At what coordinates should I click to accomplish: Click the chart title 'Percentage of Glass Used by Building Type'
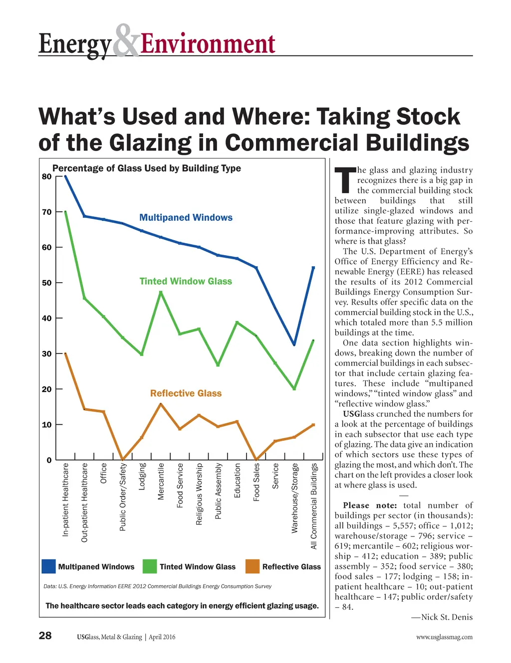pos(146,168)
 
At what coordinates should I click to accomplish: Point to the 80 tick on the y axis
pos(47,176)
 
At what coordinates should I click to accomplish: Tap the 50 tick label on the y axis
pos(47,283)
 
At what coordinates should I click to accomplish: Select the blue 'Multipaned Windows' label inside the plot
pos(186,217)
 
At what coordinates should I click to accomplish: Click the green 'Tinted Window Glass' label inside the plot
pos(186,281)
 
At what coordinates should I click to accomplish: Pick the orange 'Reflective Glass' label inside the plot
pos(186,393)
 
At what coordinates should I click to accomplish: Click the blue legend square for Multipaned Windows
pos(48,566)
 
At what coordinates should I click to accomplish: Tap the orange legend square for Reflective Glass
pos(253,566)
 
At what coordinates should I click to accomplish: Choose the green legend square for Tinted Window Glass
pos(150,566)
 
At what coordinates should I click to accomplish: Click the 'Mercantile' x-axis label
pos(161,482)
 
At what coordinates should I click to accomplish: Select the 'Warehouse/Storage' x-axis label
pos(295,498)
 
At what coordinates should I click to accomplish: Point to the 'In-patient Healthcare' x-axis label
pos(66,500)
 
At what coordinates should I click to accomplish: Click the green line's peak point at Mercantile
pos(161,292)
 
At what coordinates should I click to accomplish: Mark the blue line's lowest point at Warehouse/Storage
pos(294,344)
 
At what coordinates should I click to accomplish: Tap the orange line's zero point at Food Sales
pos(256,459)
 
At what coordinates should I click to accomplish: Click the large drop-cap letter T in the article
pos(345,180)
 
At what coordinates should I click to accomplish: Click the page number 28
pos(45,636)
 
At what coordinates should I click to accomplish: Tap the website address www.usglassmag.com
pos(444,637)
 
